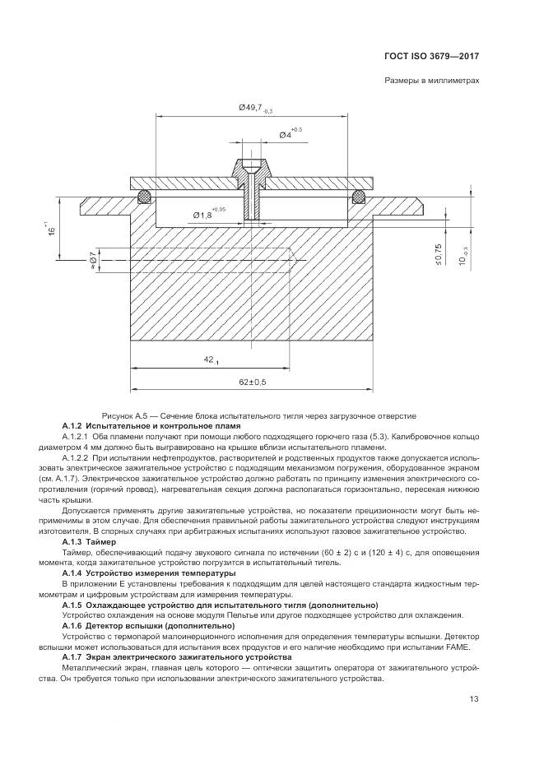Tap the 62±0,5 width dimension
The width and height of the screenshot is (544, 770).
pyautogui.click(x=253, y=382)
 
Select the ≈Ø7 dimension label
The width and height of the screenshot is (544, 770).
pyautogui.click(x=92, y=260)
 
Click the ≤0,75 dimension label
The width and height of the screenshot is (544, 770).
pyautogui.click(x=438, y=254)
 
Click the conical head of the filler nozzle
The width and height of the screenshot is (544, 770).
pyautogui.click(x=252, y=168)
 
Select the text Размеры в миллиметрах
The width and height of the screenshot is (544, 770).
pyautogui.click(x=431, y=81)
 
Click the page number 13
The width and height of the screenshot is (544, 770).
pyautogui.click(x=474, y=698)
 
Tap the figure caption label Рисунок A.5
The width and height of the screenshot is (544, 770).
pyautogui.click(x=123, y=416)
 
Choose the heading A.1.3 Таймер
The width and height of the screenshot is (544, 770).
pyautogui.click(x=89, y=542)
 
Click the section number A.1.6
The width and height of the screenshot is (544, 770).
pyautogui.click(x=72, y=625)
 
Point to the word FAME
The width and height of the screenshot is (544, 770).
pyautogui.click(x=460, y=647)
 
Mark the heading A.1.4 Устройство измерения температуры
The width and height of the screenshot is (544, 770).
pyautogui.click(x=149, y=573)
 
